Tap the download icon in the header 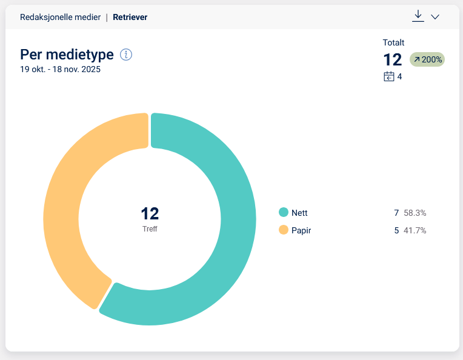point(418,16)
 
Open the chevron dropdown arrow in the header point(435,17)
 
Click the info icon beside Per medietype point(126,55)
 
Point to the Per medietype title point(67,55)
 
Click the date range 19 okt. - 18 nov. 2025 point(60,69)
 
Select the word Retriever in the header point(130,17)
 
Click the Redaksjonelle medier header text point(60,17)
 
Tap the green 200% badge point(427,59)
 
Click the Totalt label point(393,42)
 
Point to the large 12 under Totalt point(393,59)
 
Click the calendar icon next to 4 point(389,76)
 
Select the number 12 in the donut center point(150,213)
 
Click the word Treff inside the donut point(150,229)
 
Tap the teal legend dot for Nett point(283,213)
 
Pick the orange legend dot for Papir point(283,230)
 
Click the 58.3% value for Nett point(415,213)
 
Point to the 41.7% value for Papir point(415,230)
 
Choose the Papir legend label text point(301,230)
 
